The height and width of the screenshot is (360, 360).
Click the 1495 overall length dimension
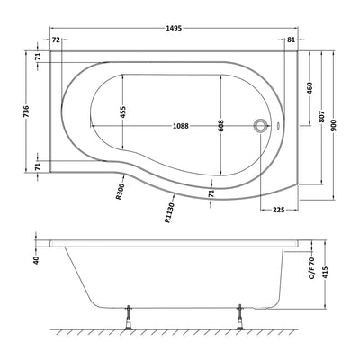(x=174, y=28)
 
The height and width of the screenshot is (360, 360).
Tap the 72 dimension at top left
(x=56, y=40)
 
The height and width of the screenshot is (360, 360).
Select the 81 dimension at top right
(x=291, y=40)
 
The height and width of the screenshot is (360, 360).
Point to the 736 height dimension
(x=26, y=112)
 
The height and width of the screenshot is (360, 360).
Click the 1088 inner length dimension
(x=181, y=126)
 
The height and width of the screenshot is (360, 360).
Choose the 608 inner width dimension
(x=221, y=126)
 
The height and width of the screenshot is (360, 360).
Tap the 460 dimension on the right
(x=310, y=88)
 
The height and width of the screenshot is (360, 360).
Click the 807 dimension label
(x=321, y=114)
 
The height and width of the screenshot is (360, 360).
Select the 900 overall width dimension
(x=334, y=125)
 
